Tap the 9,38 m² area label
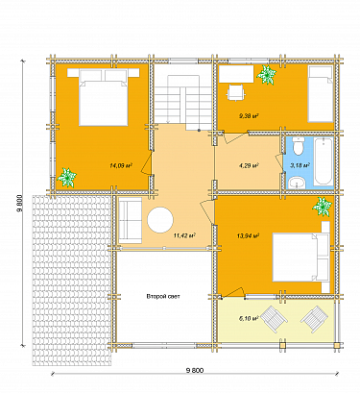251,116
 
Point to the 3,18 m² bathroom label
300,165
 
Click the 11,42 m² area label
183,233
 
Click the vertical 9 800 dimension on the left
19,204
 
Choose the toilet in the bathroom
298,146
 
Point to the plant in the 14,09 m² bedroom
67,177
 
